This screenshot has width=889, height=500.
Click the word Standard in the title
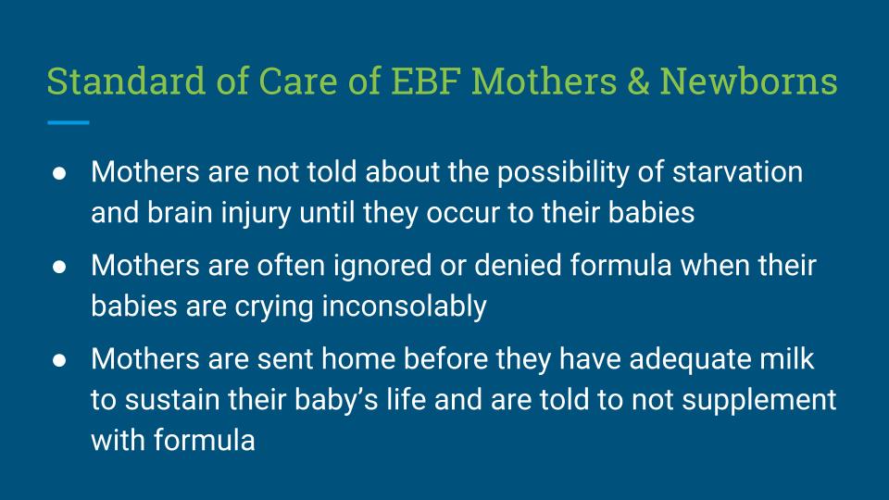tap(126, 81)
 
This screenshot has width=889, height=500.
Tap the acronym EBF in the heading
tap(425, 81)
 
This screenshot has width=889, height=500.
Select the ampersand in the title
tap(638, 81)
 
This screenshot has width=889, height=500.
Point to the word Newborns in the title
tap(748, 81)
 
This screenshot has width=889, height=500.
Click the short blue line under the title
tap(68, 122)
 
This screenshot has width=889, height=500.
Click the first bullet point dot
tap(59, 173)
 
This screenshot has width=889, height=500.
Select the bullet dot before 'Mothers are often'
tap(59, 267)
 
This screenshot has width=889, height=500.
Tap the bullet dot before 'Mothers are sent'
tap(59, 360)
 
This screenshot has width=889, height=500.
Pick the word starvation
tap(737, 172)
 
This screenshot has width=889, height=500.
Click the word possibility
tap(563, 173)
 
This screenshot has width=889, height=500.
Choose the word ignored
tap(382, 267)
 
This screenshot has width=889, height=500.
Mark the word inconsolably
tap(405, 307)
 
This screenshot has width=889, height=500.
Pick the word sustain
tap(172, 400)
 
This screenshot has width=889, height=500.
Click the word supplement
tap(758, 401)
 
